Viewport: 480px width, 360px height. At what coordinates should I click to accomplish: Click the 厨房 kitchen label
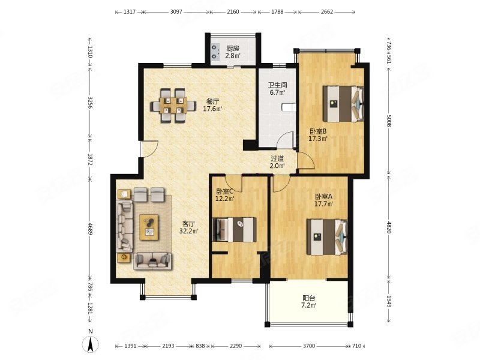tap(233, 49)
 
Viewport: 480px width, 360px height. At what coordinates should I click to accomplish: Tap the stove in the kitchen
tap(215, 52)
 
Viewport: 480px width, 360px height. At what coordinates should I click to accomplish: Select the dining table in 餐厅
tap(173, 106)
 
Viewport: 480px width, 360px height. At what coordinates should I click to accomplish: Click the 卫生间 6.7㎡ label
tap(277, 88)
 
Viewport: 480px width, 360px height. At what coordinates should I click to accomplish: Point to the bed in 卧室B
tap(343, 104)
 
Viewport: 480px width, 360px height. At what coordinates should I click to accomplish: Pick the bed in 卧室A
tap(327, 237)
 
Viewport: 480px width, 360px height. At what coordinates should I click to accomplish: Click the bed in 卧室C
tap(235, 230)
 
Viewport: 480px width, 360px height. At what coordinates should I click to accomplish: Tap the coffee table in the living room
tap(149, 227)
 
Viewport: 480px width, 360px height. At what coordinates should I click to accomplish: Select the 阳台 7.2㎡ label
tap(309, 302)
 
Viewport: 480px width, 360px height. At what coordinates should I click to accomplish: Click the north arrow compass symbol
tap(91, 344)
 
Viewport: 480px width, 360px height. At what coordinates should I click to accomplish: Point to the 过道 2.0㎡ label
tap(277, 162)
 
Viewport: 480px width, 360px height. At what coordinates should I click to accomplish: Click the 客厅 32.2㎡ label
tap(189, 227)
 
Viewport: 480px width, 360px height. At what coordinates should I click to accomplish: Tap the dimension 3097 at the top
tap(176, 12)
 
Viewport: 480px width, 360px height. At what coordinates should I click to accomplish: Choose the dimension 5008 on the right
tap(389, 121)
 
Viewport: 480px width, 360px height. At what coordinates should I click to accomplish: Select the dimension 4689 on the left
tap(90, 229)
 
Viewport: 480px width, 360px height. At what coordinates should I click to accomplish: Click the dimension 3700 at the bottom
tap(309, 346)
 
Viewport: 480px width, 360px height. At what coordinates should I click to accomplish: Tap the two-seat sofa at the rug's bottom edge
tap(152, 261)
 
